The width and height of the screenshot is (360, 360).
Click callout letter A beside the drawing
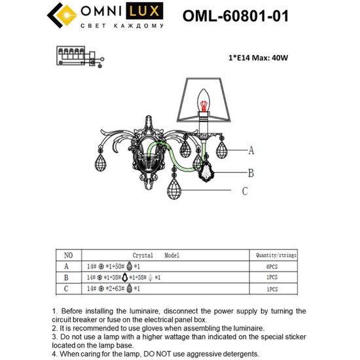(250, 151)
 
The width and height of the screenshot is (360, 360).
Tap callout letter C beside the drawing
(245, 191)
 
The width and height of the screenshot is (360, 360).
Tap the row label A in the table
(65, 266)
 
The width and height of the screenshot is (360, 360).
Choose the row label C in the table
(65, 288)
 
